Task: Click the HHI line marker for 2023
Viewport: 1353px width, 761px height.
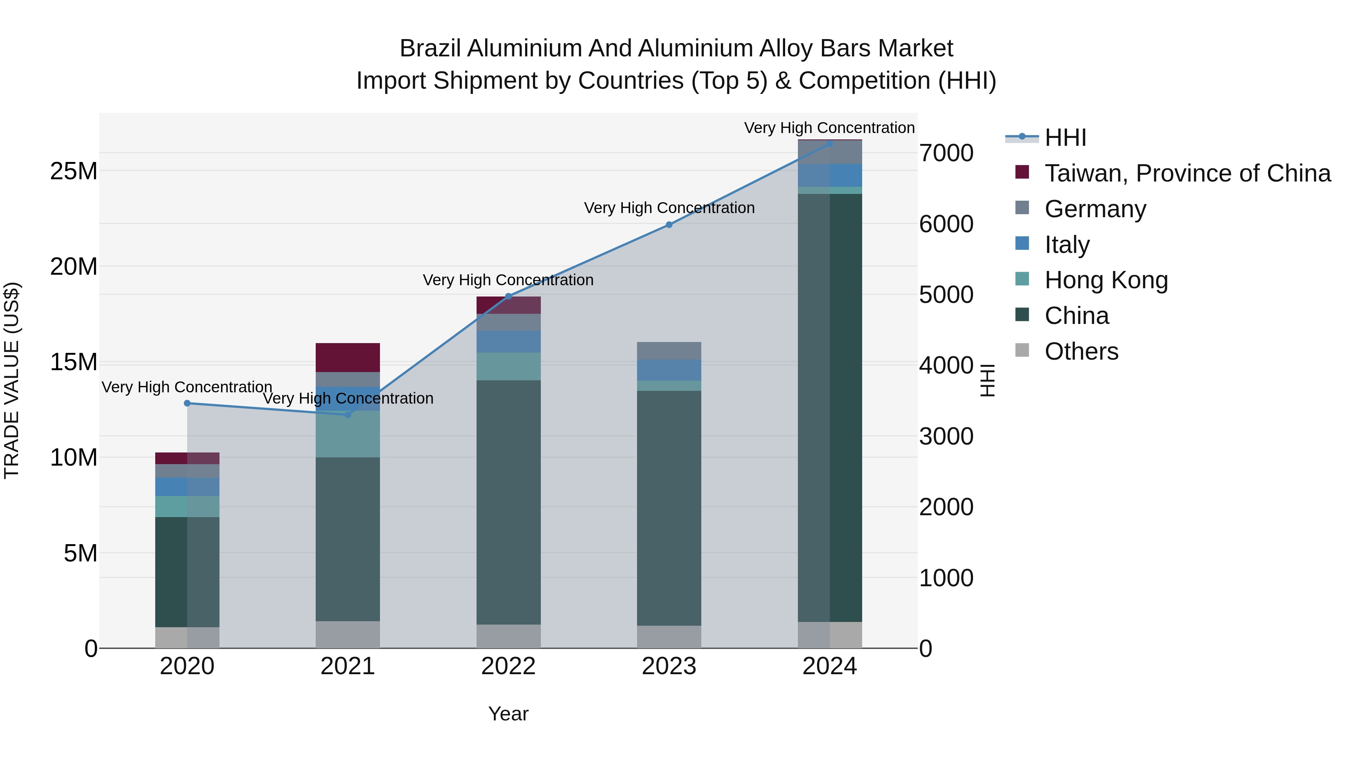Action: click(669, 225)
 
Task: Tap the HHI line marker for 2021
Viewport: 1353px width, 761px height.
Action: click(348, 415)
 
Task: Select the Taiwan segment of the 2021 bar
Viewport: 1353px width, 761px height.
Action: click(348, 358)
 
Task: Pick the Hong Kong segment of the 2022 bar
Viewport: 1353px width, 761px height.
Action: click(509, 366)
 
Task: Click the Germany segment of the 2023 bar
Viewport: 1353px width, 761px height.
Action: click(669, 351)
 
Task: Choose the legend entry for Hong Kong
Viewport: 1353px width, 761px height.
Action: click(1106, 280)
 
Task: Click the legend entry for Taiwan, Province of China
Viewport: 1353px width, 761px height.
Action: click(1187, 173)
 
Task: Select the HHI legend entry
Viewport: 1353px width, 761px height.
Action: click(1065, 138)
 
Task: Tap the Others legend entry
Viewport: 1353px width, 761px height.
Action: click(1081, 351)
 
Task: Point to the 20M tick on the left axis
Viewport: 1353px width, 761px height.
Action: click(74, 267)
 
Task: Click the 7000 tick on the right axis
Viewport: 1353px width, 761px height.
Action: click(946, 153)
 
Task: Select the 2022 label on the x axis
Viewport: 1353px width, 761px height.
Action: click(509, 666)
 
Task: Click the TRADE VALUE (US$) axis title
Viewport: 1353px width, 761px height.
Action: click(12, 380)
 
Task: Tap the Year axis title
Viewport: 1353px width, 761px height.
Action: click(509, 714)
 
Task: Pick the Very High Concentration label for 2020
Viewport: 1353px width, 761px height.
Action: click(187, 387)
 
